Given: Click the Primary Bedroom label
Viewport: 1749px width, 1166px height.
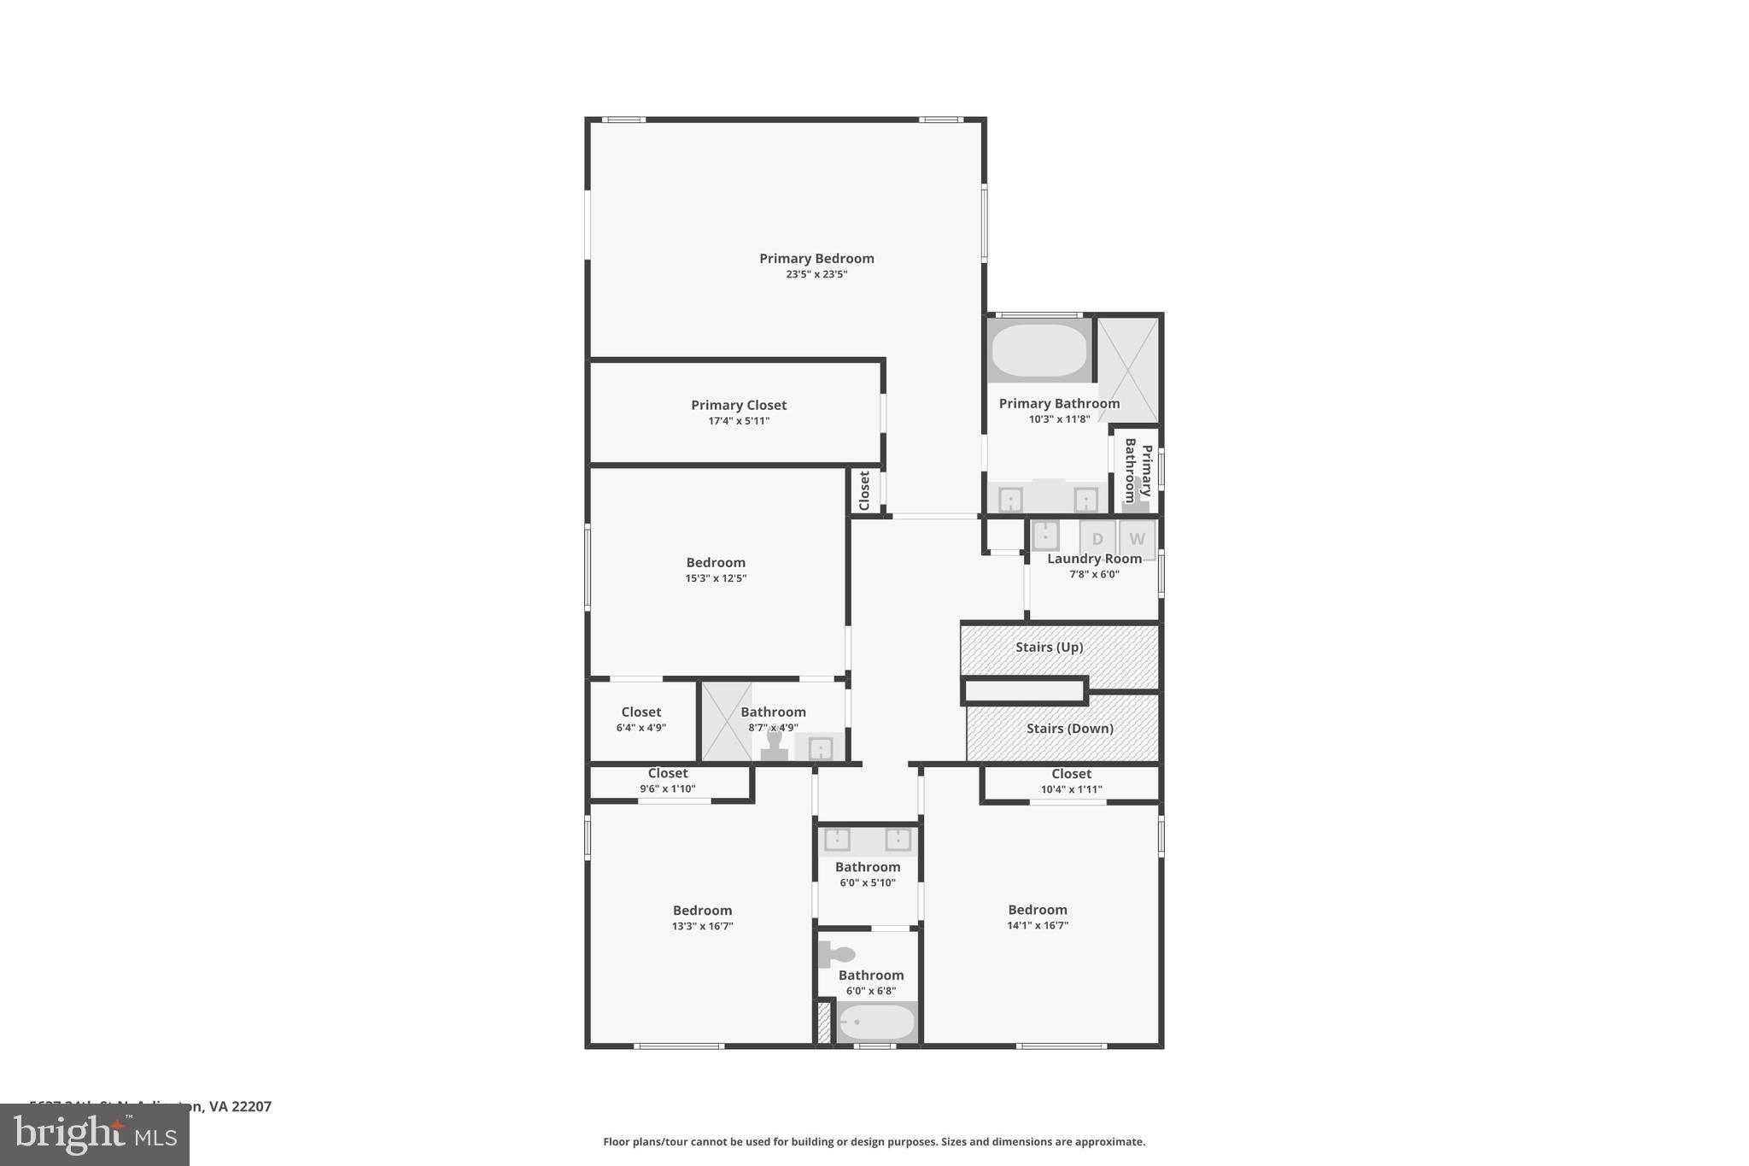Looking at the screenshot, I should tap(816, 258).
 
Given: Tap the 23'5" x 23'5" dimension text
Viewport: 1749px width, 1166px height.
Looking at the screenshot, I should tap(816, 274).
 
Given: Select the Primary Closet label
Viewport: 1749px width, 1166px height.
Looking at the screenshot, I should tap(739, 405).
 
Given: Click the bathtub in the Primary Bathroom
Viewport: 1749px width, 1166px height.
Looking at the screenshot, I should tap(1039, 350).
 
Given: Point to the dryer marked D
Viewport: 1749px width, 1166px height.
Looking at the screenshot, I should tap(1097, 539).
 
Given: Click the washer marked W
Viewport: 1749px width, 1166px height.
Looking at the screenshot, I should tap(1137, 539).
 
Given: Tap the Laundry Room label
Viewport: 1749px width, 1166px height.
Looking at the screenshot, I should tap(1094, 559).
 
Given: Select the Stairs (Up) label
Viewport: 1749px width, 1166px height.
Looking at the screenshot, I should tap(1049, 647).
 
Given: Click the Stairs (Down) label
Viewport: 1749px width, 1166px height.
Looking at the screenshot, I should tap(1069, 728).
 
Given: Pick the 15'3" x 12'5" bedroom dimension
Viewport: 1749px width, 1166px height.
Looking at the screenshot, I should tap(716, 578).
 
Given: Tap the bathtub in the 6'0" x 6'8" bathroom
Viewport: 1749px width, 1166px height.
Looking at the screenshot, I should tap(876, 1022).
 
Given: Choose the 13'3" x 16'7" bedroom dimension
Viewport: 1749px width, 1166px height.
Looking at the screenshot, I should tap(702, 926).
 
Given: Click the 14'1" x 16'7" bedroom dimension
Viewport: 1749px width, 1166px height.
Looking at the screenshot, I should tap(1038, 925).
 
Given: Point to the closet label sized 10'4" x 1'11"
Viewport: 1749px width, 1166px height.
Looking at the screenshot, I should tap(1071, 774).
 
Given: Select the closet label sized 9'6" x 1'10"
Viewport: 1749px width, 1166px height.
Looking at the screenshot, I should tap(668, 773).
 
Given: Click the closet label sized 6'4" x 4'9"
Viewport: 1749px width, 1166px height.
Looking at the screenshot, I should tap(641, 712).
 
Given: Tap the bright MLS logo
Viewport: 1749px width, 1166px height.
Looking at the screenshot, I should tap(95, 1134).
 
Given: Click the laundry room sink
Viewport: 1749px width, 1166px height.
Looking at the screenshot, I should tap(1045, 536).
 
